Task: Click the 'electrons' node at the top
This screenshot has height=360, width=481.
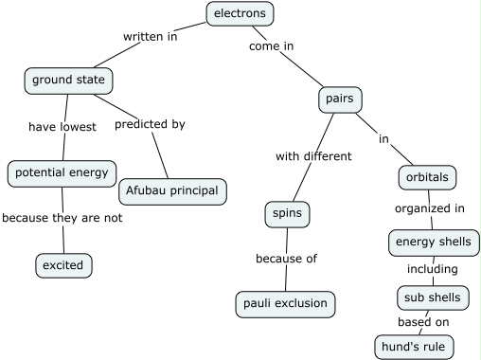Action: click(240, 13)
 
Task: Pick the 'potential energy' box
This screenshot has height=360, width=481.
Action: click(62, 173)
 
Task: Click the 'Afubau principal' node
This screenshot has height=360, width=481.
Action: click(172, 190)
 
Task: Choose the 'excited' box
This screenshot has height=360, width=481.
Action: click(63, 265)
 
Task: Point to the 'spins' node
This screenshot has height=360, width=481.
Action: click(287, 214)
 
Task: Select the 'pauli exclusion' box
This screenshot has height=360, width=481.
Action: click(285, 304)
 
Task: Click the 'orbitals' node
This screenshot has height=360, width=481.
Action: click(426, 177)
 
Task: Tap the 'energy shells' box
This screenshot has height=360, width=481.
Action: click(429, 243)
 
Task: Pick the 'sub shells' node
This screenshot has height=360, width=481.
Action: click(433, 297)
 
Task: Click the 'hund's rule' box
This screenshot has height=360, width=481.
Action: click(414, 347)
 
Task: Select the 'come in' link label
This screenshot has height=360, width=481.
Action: click(271, 45)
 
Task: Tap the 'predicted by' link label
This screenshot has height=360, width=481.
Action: click(150, 124)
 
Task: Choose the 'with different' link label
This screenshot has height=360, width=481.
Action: click(313, 156)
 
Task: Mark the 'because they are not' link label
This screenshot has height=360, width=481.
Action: click(62, 218)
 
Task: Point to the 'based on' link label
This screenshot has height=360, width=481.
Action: click(423, 322)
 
